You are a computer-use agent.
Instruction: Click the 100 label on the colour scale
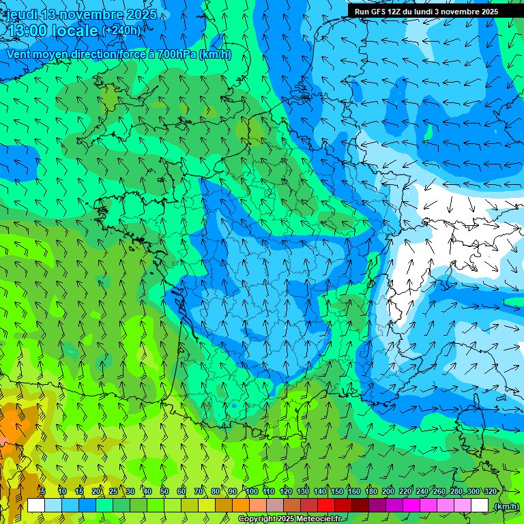point(252,491)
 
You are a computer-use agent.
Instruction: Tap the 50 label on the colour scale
point(164,491)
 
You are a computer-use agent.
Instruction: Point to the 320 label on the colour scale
point(490,491)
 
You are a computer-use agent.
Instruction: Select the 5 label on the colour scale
point(43,491)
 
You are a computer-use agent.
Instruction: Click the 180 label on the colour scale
point(371,491)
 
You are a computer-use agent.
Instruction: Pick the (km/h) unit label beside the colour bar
point(506,506)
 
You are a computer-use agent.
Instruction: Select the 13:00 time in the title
point(26,30)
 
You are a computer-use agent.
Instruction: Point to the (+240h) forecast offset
point(121,31)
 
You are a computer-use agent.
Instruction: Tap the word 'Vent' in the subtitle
point(19,55)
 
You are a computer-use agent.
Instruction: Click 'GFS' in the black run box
point(379,12)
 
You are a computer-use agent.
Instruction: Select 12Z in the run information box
point(394,12)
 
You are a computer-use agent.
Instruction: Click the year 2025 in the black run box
point(486,12)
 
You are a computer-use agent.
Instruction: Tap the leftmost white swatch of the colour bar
point(35,506)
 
